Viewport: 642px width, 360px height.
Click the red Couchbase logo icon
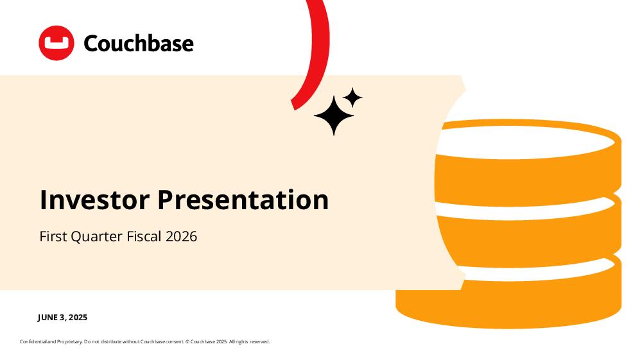pos(56,43)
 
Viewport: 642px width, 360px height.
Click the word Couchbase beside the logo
pos(139,44)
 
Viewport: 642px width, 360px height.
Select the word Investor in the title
pos(94,200)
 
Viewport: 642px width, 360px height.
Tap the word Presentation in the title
pos(243,200)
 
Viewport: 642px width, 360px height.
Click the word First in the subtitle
pos(53,236)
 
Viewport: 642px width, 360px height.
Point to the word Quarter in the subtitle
pos(97,236)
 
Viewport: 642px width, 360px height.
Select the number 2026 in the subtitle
pos(182,236)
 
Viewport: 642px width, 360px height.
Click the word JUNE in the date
pos(48,318)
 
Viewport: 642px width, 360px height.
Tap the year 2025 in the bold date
pos(78,318)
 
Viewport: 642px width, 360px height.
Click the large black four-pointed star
pos(334,116)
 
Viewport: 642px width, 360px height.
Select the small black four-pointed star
pos(352,98)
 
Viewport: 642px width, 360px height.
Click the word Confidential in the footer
pos(33,341)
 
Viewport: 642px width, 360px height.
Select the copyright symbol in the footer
pos(187,341)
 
